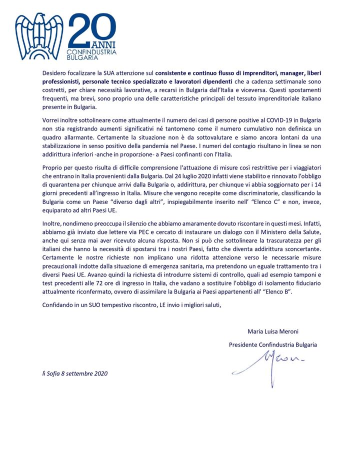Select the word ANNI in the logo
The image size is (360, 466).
(x=103, y=45)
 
